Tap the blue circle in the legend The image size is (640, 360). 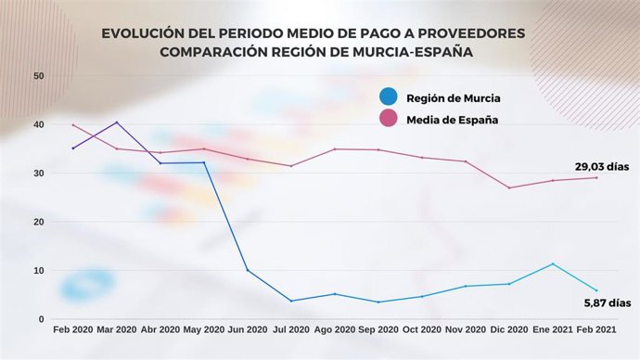pyautogui.click(x=390, y=96)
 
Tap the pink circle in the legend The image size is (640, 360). pyautogui.click(x=390, y=119)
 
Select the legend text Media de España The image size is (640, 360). pyautogui.click(x=453, y=120)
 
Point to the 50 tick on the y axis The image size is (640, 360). pyautogui.click(x=39, y=76)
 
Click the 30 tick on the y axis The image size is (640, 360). pyautogui.click(x=39, y=174)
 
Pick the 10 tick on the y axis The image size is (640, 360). pyautogui.click(x=39, y=271)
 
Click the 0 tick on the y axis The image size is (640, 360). pyautogui.click(x=42, y=319)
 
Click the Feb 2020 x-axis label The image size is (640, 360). pyautogui.click(x=73, y=330)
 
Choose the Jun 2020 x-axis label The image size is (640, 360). pyautogui.click(x=248, y=330)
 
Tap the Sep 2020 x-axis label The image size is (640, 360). pyautogui.click(x=378, y=330)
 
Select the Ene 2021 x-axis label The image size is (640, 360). pyautogui.click(x=553, y=330)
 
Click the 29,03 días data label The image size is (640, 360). pyautogui.click(x=601, y=167)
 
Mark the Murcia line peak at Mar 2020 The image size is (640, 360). pyautogui.click(x=116, y=122)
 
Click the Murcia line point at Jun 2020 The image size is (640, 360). pyautogui.click(x=247, y=270)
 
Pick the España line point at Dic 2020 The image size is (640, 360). pyautogui.click(x=508, y=188)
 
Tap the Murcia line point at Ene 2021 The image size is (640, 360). pyautogui.click(x=553, y=264)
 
